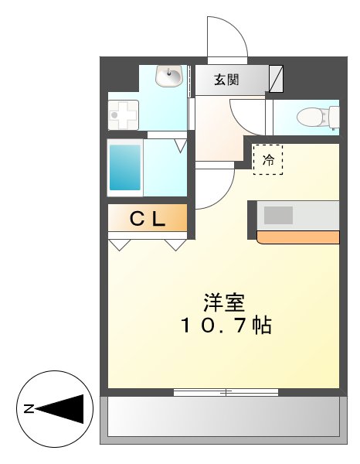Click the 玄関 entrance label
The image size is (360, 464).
pyautogui.click(x=227, y=78)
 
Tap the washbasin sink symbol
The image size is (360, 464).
pyautogui.click(x=168, y=77)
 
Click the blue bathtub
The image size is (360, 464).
pyautogui.click(x=125, y=166)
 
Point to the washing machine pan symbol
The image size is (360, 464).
pyautogui.click(x=123, y=115)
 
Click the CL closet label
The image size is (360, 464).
pyautogui.click(x=147, y=220)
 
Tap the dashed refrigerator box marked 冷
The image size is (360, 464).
pyautogui.click(x=269, y=160)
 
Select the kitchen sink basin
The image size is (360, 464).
pyautogui.click(x=279, y=214)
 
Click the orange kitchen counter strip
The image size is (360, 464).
pyautogui.click(x=298, y=237)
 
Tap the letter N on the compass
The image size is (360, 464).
pyautogui.click(x=28, y=408)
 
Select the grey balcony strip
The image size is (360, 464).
pyautogui.click(x=223, y=420)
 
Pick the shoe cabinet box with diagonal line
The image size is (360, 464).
pyautogui.click(x=277, y=78)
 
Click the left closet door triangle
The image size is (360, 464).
pyautogui.click(x=120, y=245)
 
